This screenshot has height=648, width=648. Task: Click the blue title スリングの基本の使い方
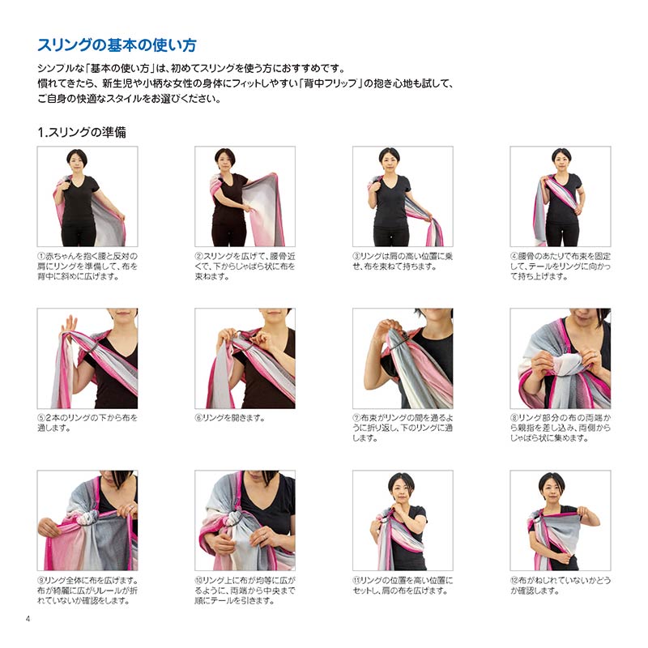coord(117,45)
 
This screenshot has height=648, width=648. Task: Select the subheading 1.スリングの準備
coord(82,132)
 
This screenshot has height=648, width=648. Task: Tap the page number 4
coord(28,619)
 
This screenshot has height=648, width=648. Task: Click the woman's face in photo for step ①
coord(77,160)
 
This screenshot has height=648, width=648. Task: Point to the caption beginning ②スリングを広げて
coord(245,266)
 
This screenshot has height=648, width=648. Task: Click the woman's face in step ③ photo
coord(390,160)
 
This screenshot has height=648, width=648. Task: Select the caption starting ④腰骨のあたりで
coord(561,266)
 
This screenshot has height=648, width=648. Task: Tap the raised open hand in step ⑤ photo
coord(68,326)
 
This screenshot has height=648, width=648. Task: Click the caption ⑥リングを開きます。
coord(230,418)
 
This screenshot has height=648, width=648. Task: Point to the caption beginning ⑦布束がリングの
coord(403,428)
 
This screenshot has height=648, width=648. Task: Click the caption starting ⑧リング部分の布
coord(561,428)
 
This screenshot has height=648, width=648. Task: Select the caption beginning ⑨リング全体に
coord(87,590)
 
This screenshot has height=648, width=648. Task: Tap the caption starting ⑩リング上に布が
coord(245,590)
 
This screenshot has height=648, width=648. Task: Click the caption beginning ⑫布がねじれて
coord(561,586)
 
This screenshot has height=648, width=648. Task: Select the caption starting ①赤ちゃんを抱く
coord(87,266)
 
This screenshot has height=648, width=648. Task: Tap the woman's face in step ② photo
coord(224,160)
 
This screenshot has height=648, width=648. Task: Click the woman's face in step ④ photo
coord(561,160)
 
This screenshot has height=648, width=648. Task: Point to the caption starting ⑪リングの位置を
coord(403,586)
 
